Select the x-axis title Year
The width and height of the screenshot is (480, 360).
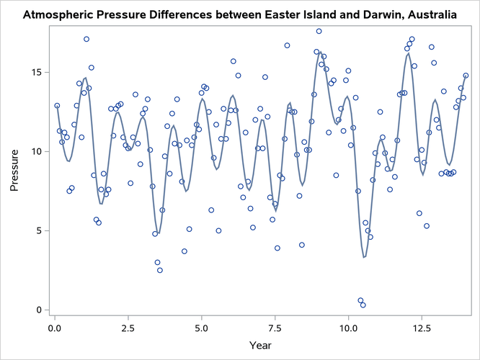pyautogui.click(x=261, y=345)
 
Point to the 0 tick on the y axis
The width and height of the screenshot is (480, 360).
pyautogui.click(x=41, y=310)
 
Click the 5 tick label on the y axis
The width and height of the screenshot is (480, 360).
pyautogui.click(x=41, y=231)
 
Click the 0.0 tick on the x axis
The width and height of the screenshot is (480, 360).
pyautogui.click(x=55, y=327)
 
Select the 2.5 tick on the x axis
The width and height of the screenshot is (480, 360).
pyautogui.click(x=128, y=327)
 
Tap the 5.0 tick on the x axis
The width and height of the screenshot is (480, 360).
pyautogui.click(x=202, y=327)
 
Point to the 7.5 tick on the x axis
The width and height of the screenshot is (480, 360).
pyautogui.click(x=275, y=327)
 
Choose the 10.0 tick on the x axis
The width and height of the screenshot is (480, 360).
pyautogui.click(x=349, y=327)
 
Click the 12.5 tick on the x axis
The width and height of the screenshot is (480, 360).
pyautogui.click(x=422, y=327)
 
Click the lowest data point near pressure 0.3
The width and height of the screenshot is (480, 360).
pyautogui.click(x=363, y=305)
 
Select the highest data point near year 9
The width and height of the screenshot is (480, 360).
pyautogui.click(x=319, y=31)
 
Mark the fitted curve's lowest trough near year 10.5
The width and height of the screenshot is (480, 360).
pyautogui.click(x=364, y=257)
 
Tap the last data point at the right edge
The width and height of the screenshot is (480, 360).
pyautogui.click(x=466, y=76)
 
